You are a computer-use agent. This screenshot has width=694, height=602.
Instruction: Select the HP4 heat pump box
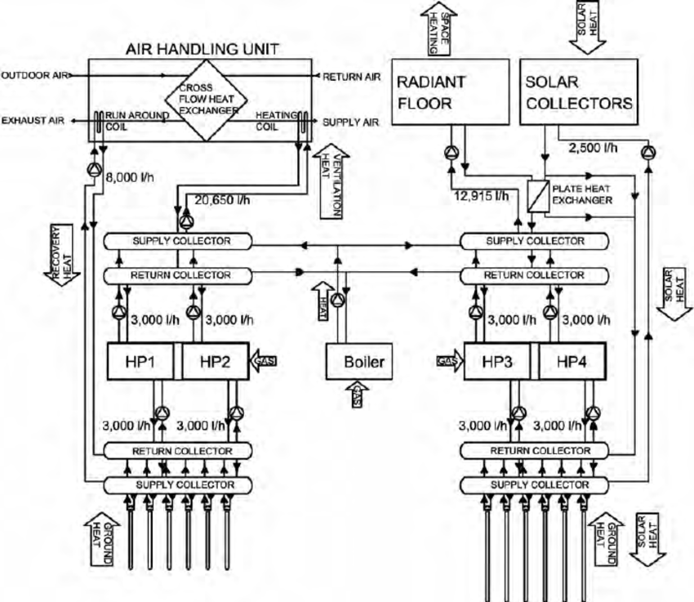(x=572, y=361)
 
